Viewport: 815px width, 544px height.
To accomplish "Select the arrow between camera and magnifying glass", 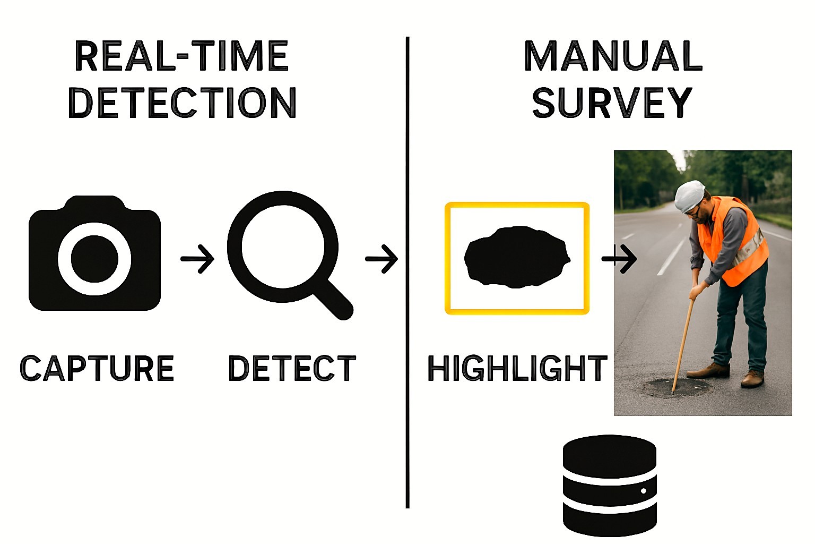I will pos(197,259).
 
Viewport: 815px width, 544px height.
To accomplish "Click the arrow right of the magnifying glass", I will pos(382,259).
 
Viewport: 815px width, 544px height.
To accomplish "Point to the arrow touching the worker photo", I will pos(619,259).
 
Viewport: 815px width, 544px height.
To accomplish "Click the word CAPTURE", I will pos(97,368).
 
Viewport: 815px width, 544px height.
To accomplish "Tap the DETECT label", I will pos(292,368).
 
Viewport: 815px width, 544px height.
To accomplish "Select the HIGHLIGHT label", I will pos(517,368).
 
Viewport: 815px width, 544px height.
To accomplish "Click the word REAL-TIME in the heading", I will pos(181,56).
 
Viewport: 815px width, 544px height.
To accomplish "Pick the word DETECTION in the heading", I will pos(182,103).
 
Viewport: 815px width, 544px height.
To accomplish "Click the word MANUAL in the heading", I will pos(613,56).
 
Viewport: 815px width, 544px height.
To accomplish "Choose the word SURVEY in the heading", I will pos(612,103).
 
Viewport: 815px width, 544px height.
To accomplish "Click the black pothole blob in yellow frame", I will pos(516,257).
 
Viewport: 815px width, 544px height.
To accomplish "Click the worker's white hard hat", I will pos(689,196).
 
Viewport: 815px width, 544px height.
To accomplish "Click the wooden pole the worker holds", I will pos(683,340).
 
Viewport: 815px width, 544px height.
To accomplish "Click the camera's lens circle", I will pos(94,259).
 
